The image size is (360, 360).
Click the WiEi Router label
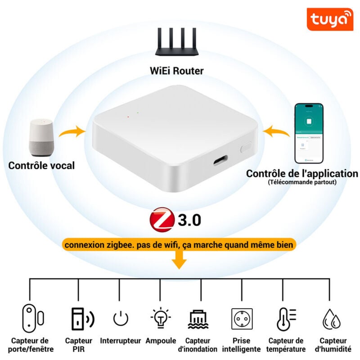176,71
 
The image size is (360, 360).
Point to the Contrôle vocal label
41,165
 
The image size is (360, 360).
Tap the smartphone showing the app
309,134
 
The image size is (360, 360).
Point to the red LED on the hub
128,117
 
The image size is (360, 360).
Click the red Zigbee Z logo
162,220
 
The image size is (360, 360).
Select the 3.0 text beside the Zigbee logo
189,220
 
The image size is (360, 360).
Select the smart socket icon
242,319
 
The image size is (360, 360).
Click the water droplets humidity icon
331,319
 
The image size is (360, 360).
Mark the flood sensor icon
198,319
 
